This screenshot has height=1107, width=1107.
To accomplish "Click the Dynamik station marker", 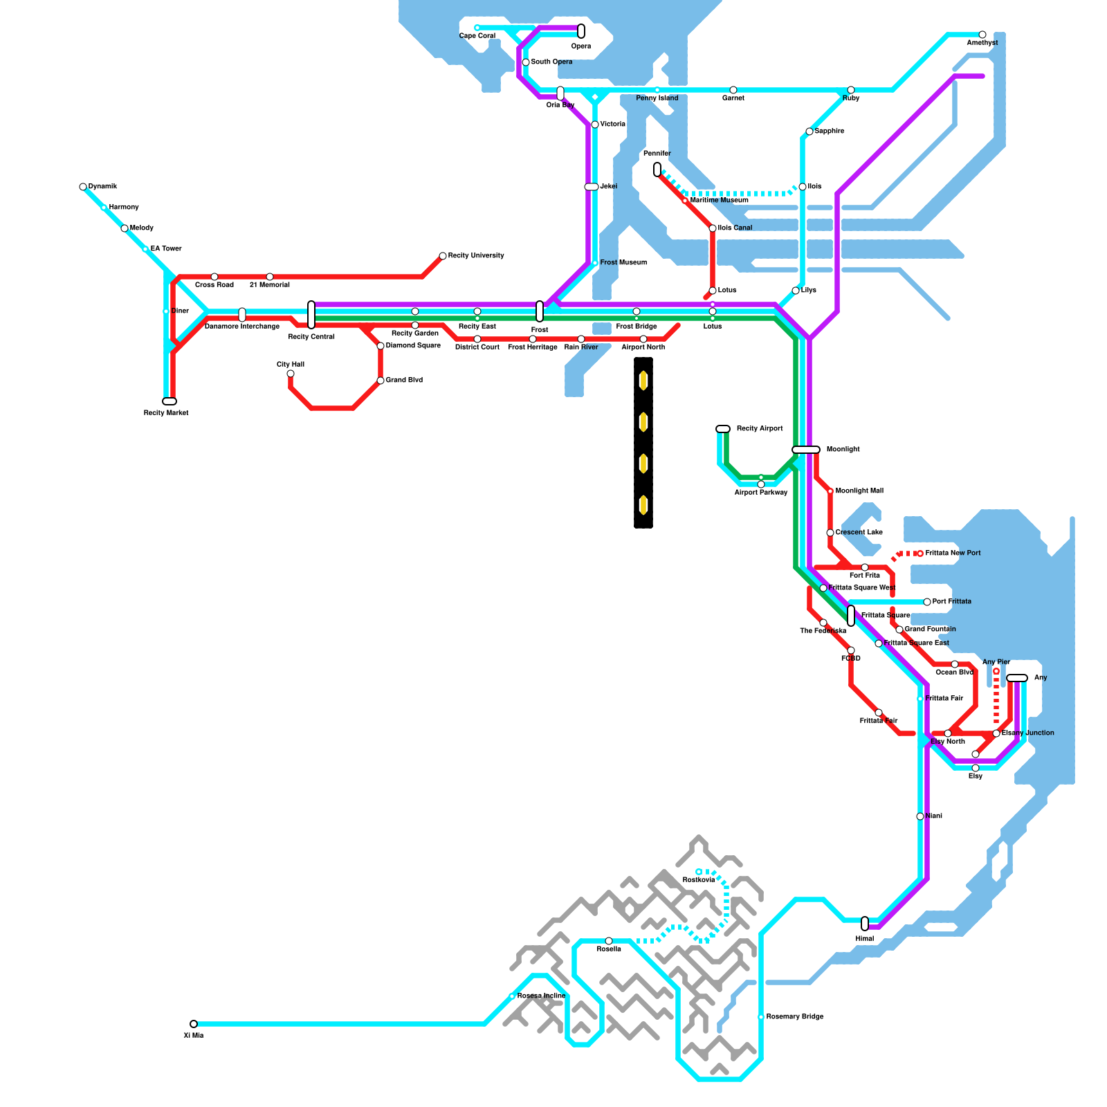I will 83,187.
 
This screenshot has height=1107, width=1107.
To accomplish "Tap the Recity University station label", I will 476,256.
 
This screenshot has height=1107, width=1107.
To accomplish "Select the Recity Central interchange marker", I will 311,315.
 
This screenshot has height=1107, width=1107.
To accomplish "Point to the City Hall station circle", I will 291,374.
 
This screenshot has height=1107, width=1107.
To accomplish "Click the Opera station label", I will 580,46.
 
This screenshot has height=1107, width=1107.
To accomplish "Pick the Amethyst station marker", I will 982,35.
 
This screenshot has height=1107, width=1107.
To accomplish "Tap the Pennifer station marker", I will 657,170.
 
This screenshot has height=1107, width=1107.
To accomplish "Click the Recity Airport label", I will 759,429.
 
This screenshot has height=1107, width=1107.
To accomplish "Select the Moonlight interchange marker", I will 806,450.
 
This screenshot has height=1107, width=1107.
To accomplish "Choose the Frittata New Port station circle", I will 920,553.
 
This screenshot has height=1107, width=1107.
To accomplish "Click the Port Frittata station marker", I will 927,602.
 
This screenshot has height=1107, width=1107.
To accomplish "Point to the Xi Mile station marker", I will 194,1024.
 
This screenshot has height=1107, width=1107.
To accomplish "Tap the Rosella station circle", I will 609,941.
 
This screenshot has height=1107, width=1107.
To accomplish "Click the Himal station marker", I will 865,924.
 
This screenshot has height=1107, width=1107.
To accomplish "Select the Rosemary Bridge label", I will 794,1017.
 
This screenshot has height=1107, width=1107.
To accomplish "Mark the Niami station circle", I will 920,816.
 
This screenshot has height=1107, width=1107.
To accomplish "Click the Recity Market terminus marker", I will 170,401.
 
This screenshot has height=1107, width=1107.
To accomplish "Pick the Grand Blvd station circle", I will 381,381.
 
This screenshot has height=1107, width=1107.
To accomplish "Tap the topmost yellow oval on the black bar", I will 643,381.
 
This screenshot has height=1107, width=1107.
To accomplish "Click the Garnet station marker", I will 733,90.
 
